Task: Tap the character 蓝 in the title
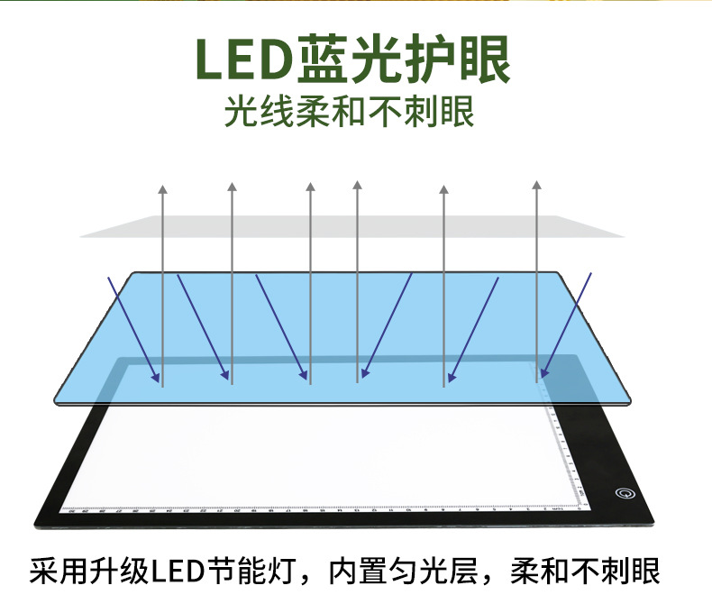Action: click(x=324, y=59)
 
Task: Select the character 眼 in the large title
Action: click(x=480, y=59)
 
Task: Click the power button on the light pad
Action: click(x=621, y=492)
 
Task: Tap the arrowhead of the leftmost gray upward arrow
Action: click(x=162, y=188)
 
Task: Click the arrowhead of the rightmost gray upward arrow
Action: click(x=536, y=186)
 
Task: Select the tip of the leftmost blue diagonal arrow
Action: click(x=159, y=380)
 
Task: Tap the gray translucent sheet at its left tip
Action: click(x=83, y=236)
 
